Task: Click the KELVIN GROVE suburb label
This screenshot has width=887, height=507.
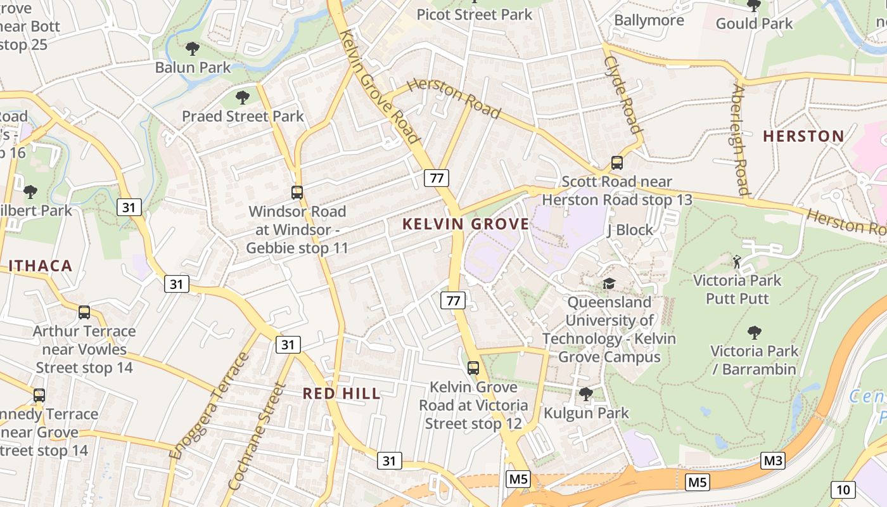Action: (x=466, y=224)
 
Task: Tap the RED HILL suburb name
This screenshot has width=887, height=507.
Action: (x=341, y=394)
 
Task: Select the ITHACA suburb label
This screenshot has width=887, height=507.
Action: (x=41, y=266)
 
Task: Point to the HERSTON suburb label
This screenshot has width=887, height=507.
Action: (x=803, y=136)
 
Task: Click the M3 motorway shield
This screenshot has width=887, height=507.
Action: (x=772, y=461)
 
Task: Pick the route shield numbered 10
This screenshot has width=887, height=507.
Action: (x=843, y=489)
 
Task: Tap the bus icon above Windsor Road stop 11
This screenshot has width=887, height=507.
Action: (x=297, y=192)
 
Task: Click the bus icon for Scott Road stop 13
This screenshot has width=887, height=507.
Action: (x=617, y=163)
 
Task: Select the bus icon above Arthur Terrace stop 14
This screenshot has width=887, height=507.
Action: (x=84, y=312)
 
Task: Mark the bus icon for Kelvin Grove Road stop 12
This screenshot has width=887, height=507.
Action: (x=473, y=368)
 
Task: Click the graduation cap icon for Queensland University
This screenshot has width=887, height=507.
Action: (x=609, y=283)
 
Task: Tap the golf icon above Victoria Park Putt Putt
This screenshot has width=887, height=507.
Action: (x=737, y=261)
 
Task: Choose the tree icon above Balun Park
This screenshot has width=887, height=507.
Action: (x=193, y=48)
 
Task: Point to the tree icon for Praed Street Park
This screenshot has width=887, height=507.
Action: (x=242, y=98)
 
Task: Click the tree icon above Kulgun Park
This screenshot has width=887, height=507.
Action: (x=586, y=394)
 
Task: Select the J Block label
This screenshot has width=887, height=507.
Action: (x=630, y=230)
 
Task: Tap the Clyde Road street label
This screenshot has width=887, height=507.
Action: (x=623, y=95)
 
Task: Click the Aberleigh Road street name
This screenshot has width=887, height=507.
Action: (x=740, y=140)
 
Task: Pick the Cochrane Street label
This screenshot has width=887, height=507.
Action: (x=256, y=437)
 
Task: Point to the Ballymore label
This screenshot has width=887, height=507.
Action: (x=649, y=20)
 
